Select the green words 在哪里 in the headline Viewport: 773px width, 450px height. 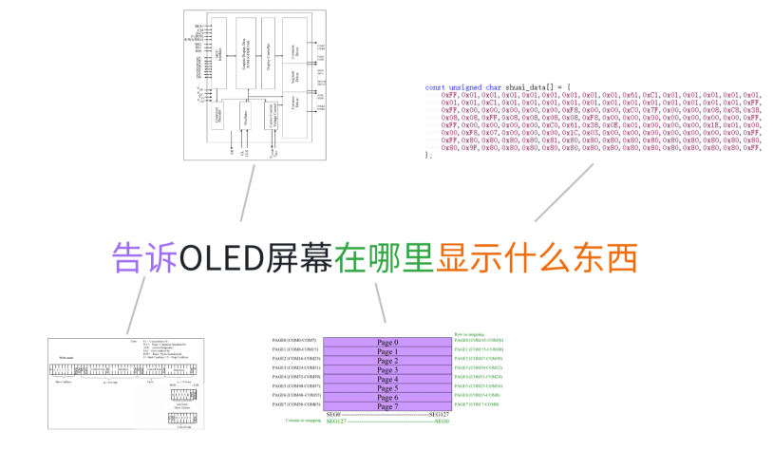[384, 256]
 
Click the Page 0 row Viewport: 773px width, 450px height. [387, 343]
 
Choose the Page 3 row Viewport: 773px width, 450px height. [387, 370]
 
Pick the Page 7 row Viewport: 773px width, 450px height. [387, 406]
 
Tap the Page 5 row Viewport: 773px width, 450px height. [387, 388]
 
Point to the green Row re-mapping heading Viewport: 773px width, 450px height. [472, 333]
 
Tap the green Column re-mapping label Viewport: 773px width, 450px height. [303, 420]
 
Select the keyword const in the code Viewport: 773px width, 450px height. [435, 87]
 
